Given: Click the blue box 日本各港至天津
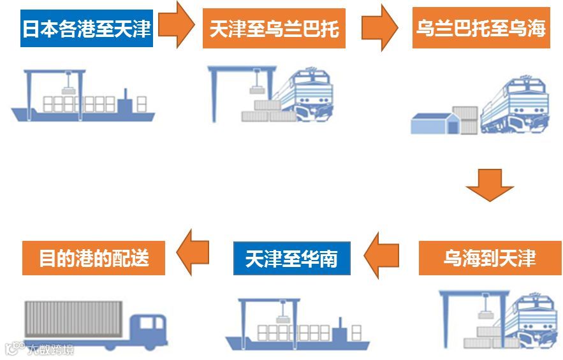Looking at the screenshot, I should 87,29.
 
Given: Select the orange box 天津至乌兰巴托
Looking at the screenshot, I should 274,29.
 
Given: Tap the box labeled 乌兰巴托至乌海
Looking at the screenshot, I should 481,29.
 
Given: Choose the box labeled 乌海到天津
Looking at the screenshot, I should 489,257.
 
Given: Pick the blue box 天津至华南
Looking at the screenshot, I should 291,258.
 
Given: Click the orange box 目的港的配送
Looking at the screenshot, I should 93,257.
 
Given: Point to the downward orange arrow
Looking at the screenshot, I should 489,185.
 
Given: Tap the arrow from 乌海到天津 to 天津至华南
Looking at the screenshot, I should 383,256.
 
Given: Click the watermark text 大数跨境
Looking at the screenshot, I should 50,349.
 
